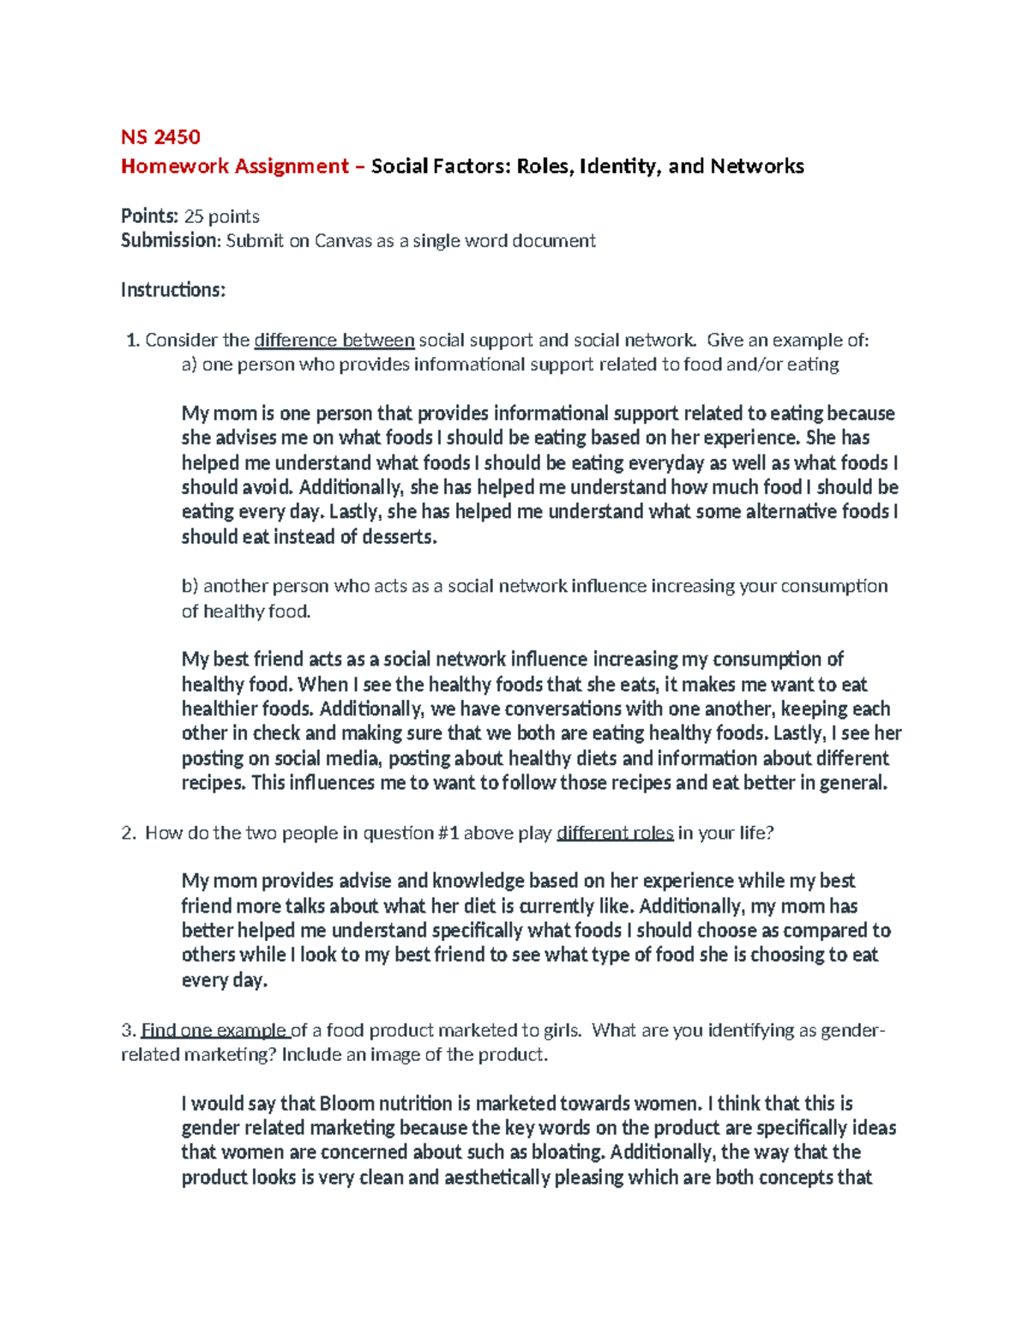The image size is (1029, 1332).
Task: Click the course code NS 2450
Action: (x=160, y=137)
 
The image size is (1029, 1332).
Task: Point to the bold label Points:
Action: (x=150, y=216)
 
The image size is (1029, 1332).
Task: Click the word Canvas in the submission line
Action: (x=343, y=241)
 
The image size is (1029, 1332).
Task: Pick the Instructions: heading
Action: (x=172, y=290)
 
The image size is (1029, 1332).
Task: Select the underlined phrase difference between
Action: (x=334, y=341)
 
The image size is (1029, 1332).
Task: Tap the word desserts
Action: (x=400, y=537)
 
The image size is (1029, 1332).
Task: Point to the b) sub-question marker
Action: (x=190, y=586)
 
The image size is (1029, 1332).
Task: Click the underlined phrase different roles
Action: (x=615, y=833)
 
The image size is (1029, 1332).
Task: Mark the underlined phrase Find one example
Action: (x=214, y=1030)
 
